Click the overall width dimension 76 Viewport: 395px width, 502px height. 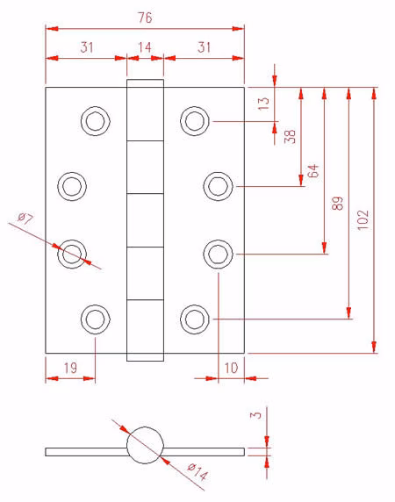[145, 18]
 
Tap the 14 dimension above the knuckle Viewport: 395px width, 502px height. [145, 47]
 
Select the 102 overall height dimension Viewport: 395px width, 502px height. [363, 219]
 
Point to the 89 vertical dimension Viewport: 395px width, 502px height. [337, 203]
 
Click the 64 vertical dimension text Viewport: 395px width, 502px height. [313, 170]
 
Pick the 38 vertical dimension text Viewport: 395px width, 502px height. [290, 136]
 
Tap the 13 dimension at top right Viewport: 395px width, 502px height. [263, 104]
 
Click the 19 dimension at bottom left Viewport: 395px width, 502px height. [70, 368]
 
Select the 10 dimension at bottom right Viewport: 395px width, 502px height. [231, 368]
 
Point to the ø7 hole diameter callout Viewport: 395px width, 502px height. [25, 219]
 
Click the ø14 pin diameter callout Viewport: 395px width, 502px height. [197, 471]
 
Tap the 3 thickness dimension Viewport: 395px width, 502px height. [255, 415]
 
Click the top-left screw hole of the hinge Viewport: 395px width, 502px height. [96, 121]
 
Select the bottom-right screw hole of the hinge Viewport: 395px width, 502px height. [195, 319]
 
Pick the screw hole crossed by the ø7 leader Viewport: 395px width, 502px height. [72, 255]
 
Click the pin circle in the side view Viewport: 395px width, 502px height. [145, 445]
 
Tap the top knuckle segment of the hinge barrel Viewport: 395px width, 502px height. [145, 110]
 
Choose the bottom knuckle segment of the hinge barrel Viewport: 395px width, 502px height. [145, 330]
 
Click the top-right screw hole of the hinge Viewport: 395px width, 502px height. [195, 121]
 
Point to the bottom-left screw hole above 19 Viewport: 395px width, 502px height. [96, 319]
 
